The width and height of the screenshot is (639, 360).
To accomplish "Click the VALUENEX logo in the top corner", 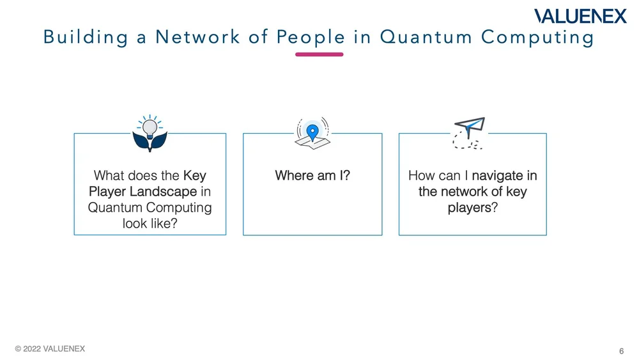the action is [x=580, y=16].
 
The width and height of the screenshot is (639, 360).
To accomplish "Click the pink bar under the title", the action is [x=319, y=54].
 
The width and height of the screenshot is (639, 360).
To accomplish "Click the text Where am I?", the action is [x=312, y=175].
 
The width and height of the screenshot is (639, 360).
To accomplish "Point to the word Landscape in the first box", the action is [x=167, y=191].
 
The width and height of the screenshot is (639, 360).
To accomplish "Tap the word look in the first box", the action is [x=135, y=224].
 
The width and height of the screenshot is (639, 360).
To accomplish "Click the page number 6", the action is [x=622, y=351].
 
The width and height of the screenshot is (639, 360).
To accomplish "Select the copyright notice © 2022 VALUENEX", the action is [x=50, y=349].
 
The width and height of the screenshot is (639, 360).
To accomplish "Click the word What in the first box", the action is [x=109, y=175].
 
